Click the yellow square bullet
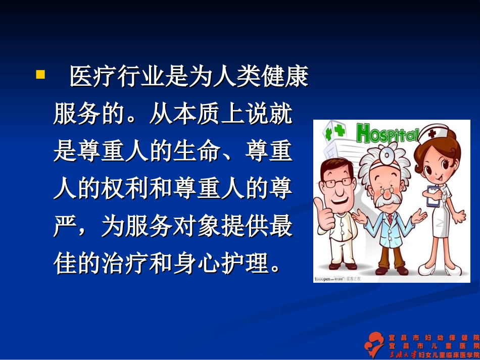pyautogui.click(x=40, y=75)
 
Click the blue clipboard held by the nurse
pyautogui.click(x=434, y=196)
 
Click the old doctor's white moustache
pyautogui.click(x=386, y=198)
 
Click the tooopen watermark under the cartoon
pyautogui.click(x=328, y=279)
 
